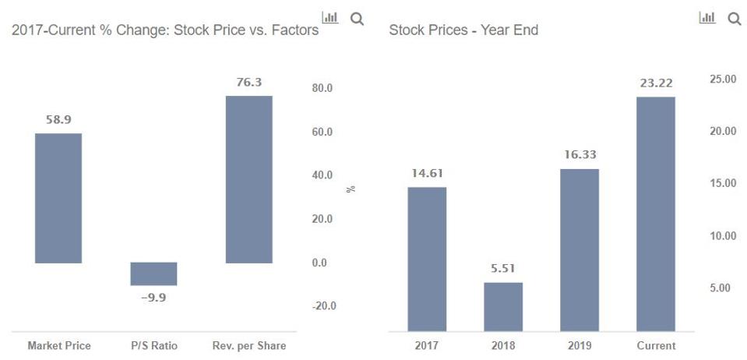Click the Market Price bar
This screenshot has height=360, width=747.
(58, 198)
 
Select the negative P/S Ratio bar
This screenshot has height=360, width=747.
(153, 274)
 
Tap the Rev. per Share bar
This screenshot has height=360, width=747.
(249, 179)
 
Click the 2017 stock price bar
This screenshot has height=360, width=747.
(427, 259)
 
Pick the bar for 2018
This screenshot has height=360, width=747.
(503, 306)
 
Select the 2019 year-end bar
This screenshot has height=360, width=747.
(580, 249)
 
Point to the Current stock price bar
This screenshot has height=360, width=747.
(656, 214)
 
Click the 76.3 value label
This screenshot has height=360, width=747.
(249, 82)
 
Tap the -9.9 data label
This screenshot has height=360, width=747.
(153, 297)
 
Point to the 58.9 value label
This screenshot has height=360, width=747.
(58, 120)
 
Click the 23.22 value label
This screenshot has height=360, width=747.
(656, 83)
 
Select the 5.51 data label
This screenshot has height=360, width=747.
(503, 270)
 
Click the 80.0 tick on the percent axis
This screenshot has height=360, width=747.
(322, 88)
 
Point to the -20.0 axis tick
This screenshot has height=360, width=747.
(322, 306)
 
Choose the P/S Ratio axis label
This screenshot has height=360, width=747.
(153, 345)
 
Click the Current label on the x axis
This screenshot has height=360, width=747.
(656, 345)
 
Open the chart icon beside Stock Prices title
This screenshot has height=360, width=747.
(707, 18)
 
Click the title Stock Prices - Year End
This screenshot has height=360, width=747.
(463, 30)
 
